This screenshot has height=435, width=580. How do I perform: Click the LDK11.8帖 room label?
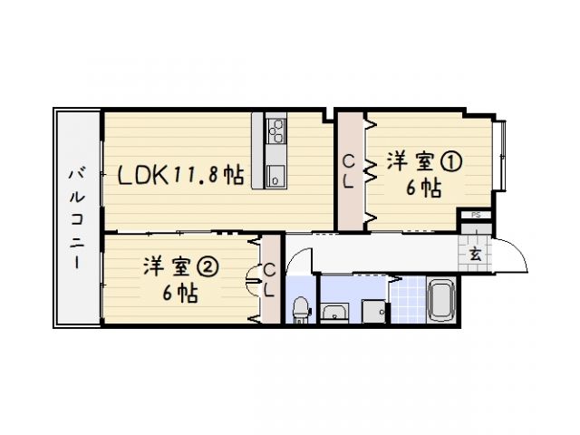coord(180,175)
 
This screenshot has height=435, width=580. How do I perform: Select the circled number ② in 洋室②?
coord(208,267)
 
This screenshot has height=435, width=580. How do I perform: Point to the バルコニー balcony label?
coord(76,218)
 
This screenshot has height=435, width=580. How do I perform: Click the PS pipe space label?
coord(476,215)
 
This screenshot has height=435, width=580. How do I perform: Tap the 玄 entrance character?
coord(475,255)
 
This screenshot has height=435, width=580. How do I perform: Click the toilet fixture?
coord(300,310)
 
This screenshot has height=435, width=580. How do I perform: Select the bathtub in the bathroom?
coord(441,300)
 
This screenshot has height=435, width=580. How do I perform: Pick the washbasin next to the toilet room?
coord(334,312)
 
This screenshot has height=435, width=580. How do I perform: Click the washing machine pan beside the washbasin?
coord(374,311)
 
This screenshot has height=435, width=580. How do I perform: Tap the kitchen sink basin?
coord(275,177)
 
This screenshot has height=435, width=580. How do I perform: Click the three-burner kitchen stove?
coord(275,131)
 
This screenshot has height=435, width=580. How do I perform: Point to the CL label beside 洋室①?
coord(348,171)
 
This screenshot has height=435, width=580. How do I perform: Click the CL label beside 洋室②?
coord(269,281)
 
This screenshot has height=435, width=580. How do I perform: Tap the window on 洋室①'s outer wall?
coord(499,156)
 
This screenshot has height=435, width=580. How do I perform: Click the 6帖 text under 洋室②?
coord(180,294)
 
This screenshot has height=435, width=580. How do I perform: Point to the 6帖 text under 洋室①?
coord(423,188)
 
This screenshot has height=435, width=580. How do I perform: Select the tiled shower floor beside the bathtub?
coord(409,300)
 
